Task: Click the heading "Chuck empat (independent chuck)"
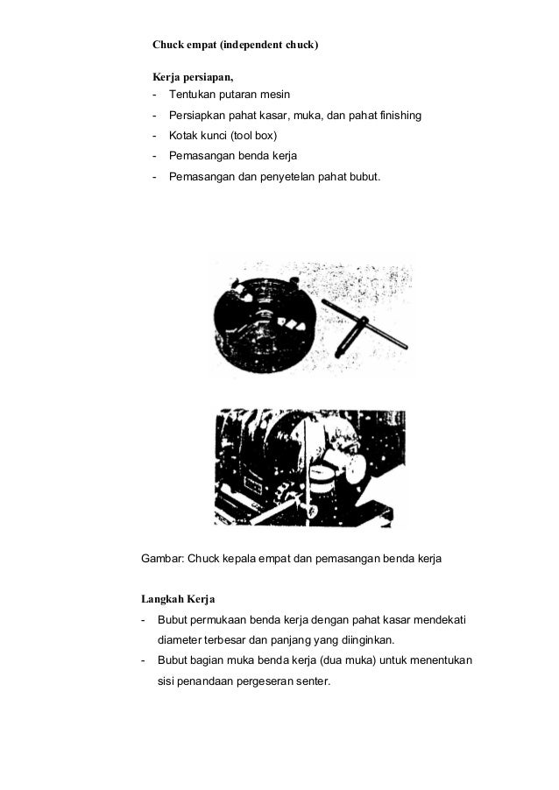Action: (x=235, y=43)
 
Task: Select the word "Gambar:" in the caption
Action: (x=164, y=558)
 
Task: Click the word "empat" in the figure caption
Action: (x=269, y=558)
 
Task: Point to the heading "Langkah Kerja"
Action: (x=179, y=600)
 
